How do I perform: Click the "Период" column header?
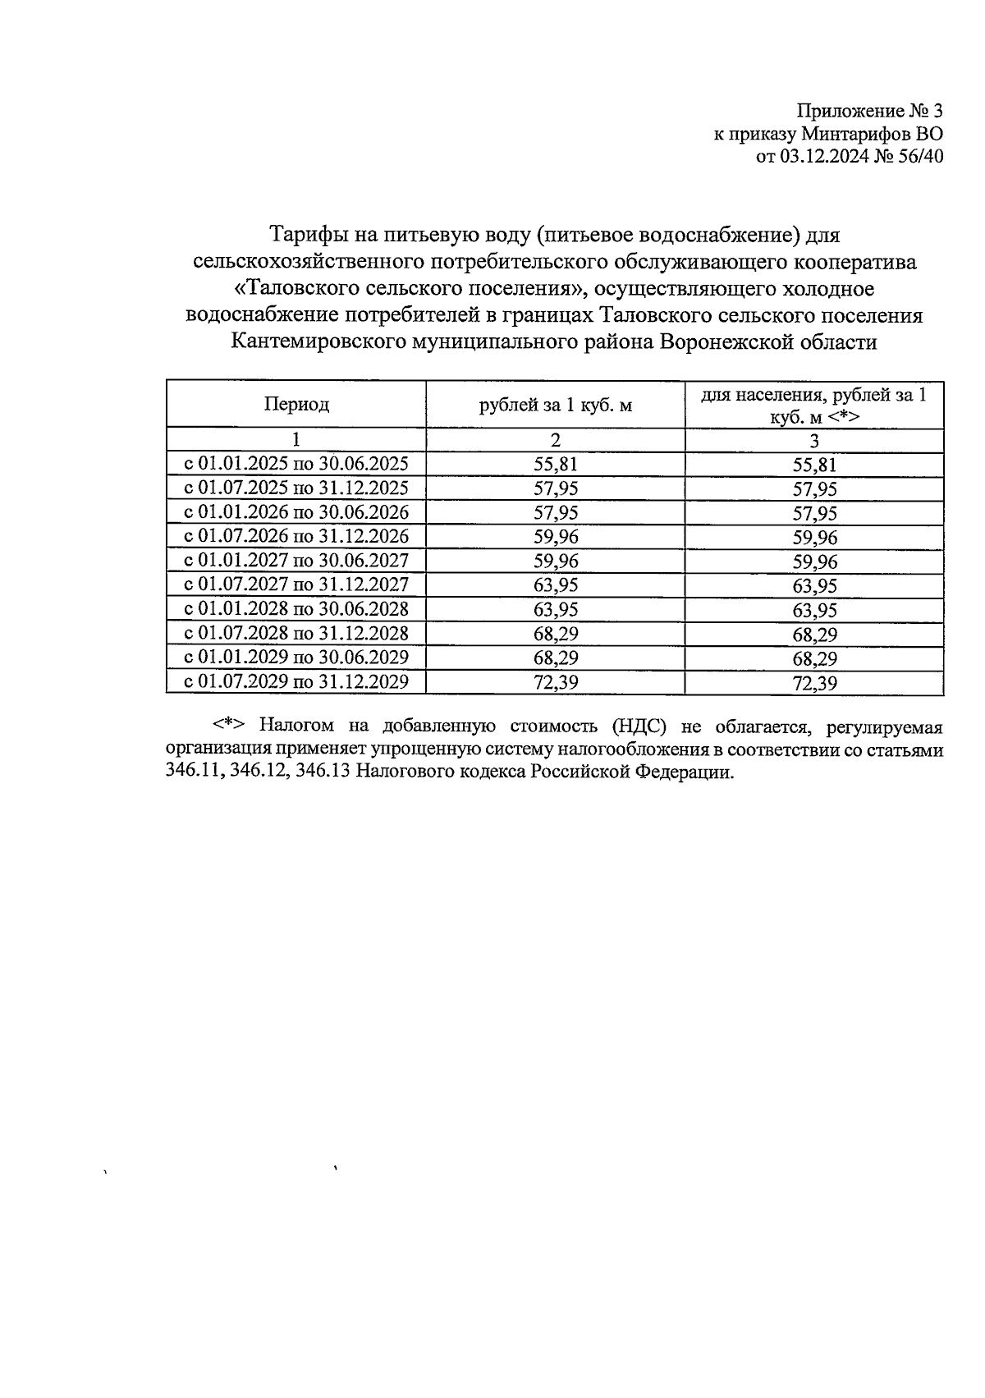point(296,404)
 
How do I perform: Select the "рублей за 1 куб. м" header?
point(556,405)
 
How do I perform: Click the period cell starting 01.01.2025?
point(296,464)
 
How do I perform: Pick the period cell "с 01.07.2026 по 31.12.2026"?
point(296,537)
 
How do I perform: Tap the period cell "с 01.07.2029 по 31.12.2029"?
point(296,681)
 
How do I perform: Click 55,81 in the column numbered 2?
point(556,464)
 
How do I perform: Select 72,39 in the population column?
point(814,683)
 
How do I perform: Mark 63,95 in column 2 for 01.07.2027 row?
point(556,585)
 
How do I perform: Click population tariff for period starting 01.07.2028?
point(814,635)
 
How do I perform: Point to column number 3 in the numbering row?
point(814,441)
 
